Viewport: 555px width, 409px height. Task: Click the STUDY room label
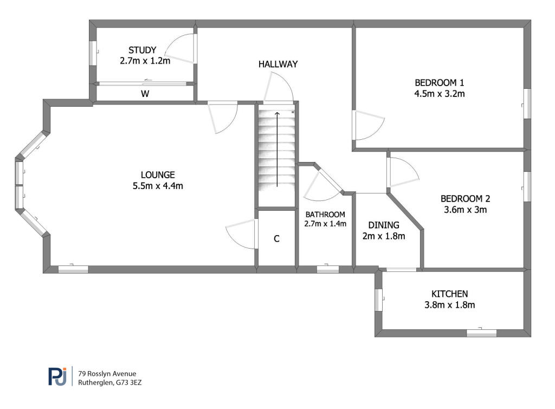143,50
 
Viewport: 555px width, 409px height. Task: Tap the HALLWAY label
278,64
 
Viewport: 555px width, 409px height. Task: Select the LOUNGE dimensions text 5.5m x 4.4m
158,186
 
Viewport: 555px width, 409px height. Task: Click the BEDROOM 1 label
439,83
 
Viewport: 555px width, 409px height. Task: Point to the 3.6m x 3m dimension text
465,210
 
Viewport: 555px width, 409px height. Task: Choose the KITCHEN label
449,294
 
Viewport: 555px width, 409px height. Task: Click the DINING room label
384,225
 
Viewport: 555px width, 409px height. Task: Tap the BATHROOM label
325,215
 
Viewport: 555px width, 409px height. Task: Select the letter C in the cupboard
276,239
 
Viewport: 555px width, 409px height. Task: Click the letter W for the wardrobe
145,94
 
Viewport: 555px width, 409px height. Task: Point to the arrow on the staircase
277,150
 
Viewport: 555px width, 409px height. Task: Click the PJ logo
57,376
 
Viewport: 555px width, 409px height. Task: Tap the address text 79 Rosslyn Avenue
107,374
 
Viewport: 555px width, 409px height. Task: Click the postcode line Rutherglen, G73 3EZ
109,382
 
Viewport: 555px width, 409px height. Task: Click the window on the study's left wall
93,53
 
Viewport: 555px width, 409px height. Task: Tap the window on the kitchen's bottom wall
481,333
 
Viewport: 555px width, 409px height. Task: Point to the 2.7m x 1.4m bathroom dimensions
325,224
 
